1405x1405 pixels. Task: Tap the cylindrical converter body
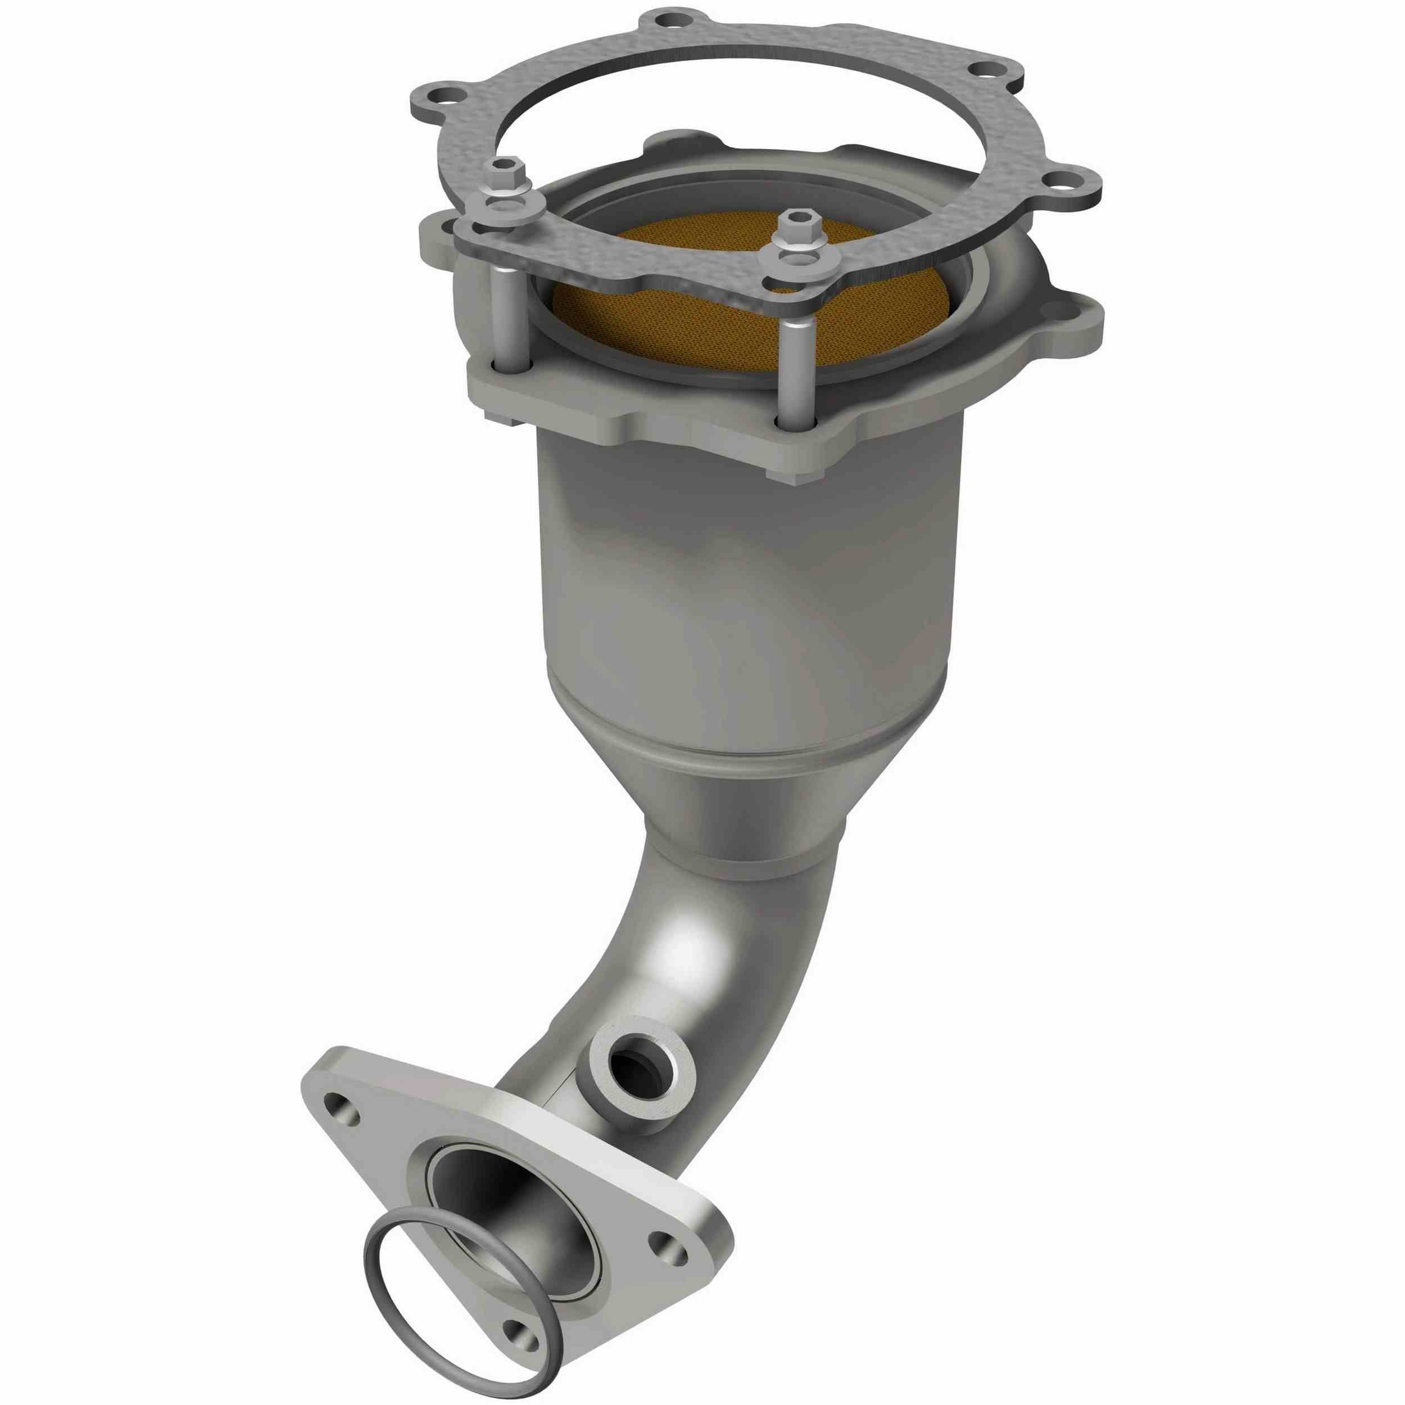pos(749,582)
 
